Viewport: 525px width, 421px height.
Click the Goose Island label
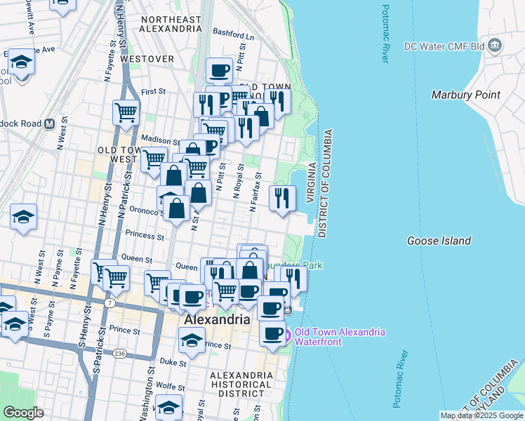click(439, 241)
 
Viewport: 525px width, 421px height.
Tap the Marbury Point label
click(465, 95)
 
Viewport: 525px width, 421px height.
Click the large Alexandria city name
click(217, 319)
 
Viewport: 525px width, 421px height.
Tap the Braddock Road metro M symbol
click(50, 123)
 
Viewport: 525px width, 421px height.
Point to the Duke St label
click(169, 363)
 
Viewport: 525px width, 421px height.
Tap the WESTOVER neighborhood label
click(147, 59)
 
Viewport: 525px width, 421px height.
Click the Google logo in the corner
click(23, 413)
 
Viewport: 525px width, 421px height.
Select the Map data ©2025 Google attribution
click(481, 415)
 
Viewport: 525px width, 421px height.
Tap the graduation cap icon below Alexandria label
click(190, 340)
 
